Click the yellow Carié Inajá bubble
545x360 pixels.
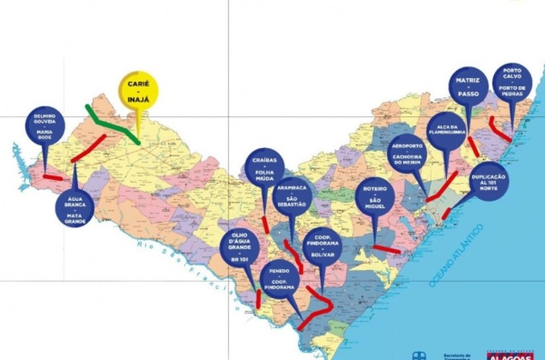tap(137, 91)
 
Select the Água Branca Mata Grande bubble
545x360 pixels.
tap(75, 205)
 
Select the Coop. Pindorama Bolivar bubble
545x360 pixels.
tap(323, 245)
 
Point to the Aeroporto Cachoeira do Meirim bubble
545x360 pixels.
tap(407, 153)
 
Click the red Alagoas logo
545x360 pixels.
tap(509, 355)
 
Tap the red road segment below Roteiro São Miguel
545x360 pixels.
tap(386, 249)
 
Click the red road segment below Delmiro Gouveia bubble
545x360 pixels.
tap(53, 177)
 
